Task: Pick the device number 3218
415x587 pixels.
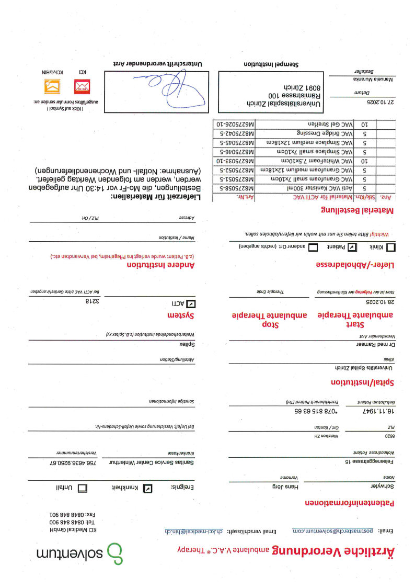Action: (91, 302)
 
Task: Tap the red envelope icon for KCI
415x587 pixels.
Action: (82, 85)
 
